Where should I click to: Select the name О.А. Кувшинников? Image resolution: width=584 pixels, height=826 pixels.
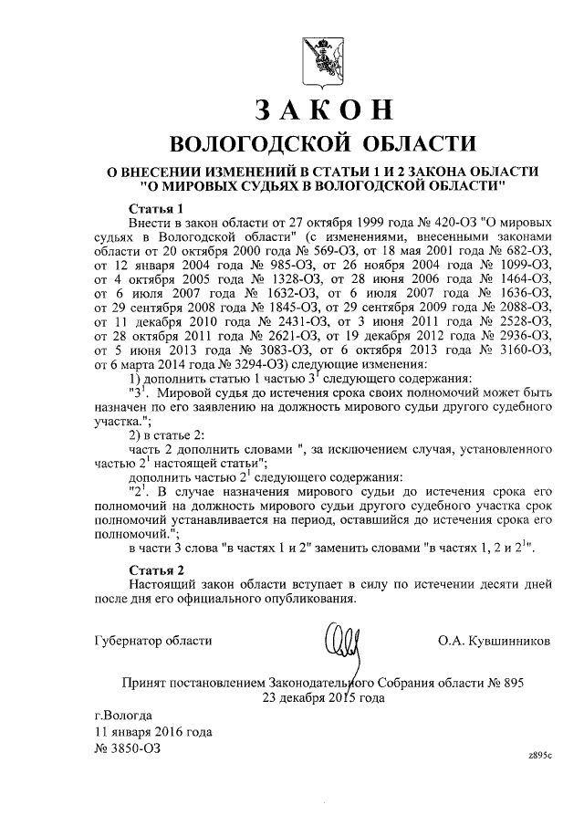click(495, 641)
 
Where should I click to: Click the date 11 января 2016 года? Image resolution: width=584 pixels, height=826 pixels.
click(154, 731)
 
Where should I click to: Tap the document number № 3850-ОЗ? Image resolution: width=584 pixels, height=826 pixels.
click(128, 748)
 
